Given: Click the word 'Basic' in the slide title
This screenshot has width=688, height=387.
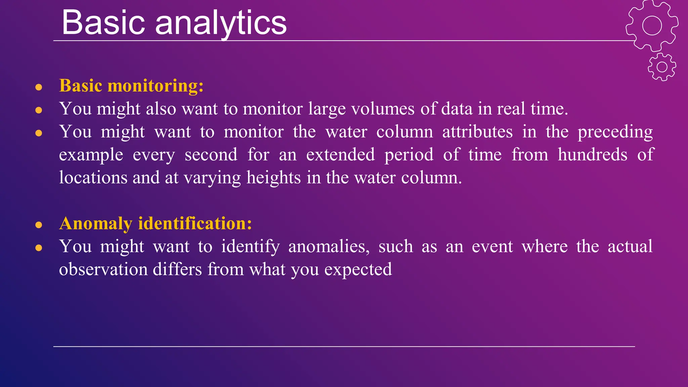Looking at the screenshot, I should click(x=103, y=23).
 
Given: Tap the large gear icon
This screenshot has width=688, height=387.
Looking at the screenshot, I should click(x=652, y=26).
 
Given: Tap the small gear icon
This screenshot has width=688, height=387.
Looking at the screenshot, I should click(x=662, y=67).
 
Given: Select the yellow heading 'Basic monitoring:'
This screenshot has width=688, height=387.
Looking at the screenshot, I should click(x=131, y=86).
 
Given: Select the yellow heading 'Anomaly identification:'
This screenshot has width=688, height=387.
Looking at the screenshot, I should click(x=156, y=223).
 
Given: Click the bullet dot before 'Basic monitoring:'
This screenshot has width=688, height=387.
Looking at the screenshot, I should click(x=39, y=87).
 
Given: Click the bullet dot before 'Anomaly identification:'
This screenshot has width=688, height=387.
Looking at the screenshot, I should click(x=39, y=225).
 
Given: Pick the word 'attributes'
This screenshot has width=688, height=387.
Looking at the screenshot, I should click(x=477, y=132).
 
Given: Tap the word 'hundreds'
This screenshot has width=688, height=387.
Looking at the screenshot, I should click(x=592, y=155).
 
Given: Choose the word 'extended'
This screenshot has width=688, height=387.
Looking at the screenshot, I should click(x=340, y=155).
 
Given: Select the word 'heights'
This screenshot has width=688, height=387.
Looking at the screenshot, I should click(x=273, y=178).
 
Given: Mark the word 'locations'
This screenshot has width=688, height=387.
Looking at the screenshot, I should click(x=93, y=178).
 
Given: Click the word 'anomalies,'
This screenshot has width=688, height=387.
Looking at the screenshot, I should click(x=329, y=247).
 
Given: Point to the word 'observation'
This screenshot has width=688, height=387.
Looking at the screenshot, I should click(x=103, y=269).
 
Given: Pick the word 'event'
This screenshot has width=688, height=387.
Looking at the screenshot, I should click(x=492, y=247).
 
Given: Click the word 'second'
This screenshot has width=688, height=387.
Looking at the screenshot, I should click(x=211, y=155).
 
